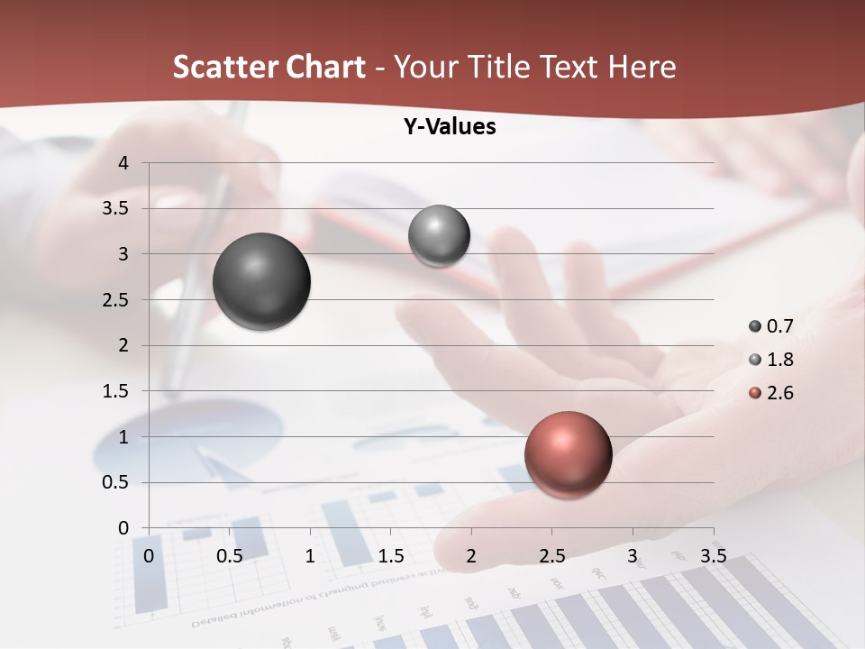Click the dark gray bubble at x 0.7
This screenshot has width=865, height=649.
[x=262, y=281]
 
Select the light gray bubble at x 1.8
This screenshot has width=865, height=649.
[x=439, y=235]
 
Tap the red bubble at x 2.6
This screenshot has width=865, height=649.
[x=568, y=454]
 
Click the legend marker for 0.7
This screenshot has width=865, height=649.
[x=755, y=326]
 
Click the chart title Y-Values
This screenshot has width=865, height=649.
[x=450, y=127]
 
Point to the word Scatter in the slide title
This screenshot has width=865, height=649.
[x=224, y=67]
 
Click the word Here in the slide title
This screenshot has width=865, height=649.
[x=642, y=67]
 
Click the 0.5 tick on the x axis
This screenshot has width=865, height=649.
[x=230, y=556]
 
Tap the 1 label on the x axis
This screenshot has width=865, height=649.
[x=310, y=556]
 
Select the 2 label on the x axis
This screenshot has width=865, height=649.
[x=471, y=556]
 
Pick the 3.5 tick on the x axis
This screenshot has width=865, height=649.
[x=713, y=556]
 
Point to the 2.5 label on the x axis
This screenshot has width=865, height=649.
[x=551, y=556]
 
